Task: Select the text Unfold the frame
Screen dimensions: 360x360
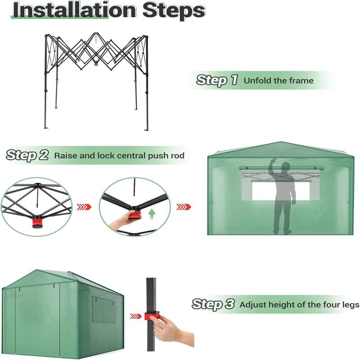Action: (279, 81)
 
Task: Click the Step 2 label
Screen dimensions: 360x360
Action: (27, 155)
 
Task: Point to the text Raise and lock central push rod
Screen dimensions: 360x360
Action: (119, 156)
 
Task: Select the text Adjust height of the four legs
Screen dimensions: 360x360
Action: (299, 305)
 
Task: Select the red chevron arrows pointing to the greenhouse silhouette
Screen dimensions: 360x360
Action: (183, 207)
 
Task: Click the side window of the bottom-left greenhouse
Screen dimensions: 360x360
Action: (103, 310)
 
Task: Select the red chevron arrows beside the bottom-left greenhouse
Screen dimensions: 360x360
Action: (135, 316)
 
